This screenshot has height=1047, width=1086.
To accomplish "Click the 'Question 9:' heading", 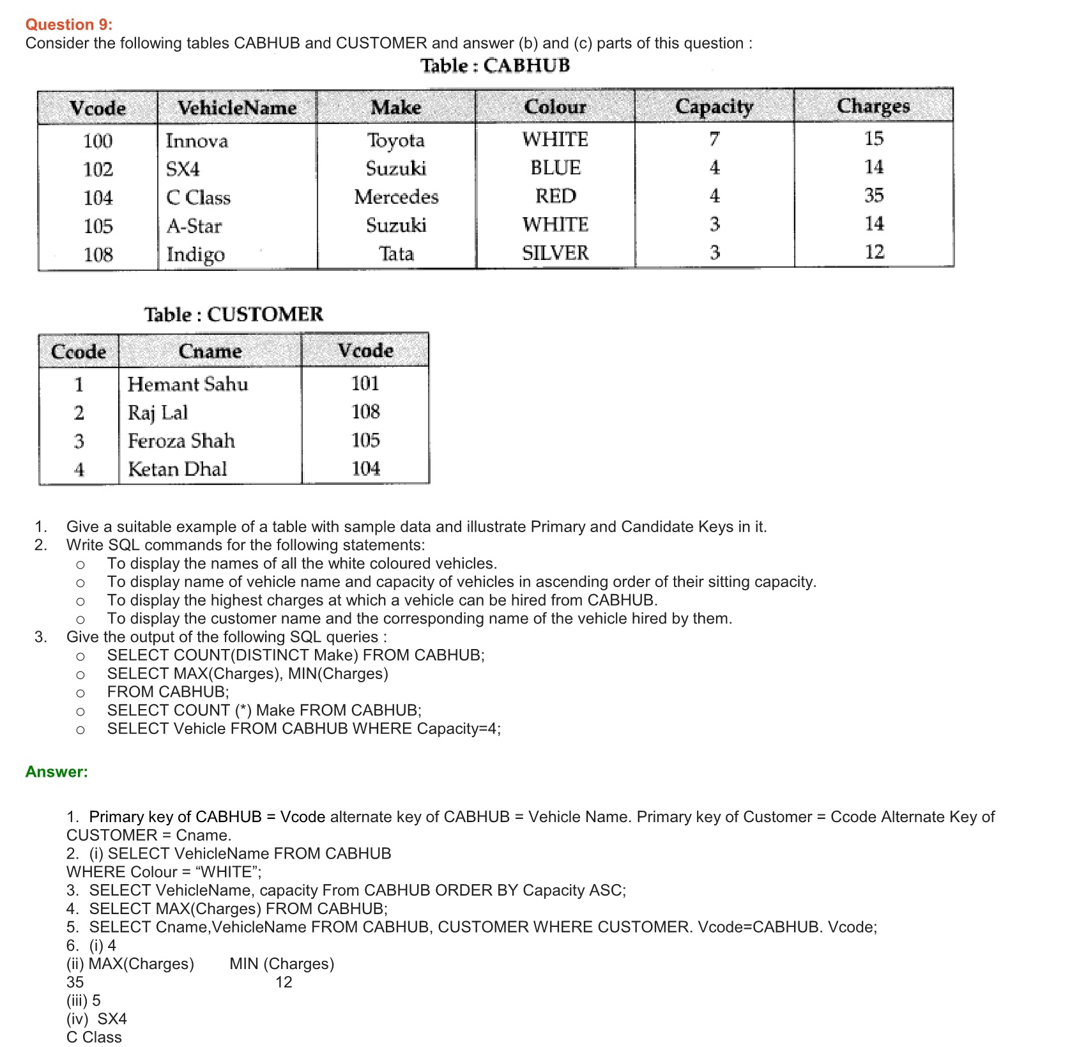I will pyautogui.click(x=68, y=24).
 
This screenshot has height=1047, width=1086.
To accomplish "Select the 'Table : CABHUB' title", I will pyautogui.click(x=494, y=65).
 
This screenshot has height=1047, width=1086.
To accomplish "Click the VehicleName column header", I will pyautogui.click(x=236, y=107).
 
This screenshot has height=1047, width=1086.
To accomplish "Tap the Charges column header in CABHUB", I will pyautogui.click(x=873, y=105).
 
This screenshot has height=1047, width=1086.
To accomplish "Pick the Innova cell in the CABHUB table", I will pyautogui.click(x=197, y=141).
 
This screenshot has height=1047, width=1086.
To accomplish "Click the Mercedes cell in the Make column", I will pyautogui.click(x=396, y=197).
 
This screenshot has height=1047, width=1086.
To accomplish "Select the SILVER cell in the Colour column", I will pyautogui.click(x=555, y=253).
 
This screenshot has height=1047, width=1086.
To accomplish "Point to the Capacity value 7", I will pyautogui.click(x=714, y=139).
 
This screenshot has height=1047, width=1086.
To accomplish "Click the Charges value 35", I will pyautogui.click(x=873, y=195).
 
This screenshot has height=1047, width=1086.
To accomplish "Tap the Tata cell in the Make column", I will pyautogui.click(x=396, y=254).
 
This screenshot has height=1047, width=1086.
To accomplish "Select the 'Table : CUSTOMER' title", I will pyautogui.click(x=233, y=314).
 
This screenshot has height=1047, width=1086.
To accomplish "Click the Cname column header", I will pyautogui.click(x=210, y=351).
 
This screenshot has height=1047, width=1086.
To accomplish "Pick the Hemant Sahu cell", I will pyautogui.click(x=188, y=384).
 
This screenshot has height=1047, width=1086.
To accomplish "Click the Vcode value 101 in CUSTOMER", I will pyautogui.click(x=365, y=383).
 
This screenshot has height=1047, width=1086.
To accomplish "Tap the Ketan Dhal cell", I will pyautogui.click(x=178, y=469).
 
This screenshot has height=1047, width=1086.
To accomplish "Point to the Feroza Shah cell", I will pyautogui.click(x=181, y=441).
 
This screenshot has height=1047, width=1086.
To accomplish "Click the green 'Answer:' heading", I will pyautogui.click(x=56, y=772).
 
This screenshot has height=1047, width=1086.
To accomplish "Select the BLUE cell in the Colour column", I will pyautogui.click(x=555, y=167).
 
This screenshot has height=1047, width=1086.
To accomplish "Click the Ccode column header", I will pyautogui.click(x=78, y=351).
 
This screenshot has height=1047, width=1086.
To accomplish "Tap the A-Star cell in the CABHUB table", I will pyautogui.click(x=194, y=225).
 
